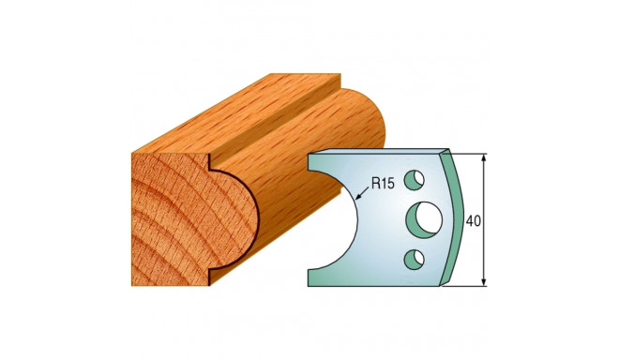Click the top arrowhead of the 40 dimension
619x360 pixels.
click(484, 157)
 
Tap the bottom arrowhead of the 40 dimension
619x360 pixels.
click(484, 282)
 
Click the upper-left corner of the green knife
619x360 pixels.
click(310, 157)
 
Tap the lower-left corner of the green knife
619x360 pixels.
click(310, 282)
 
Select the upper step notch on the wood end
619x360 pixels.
click(212, 170)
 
